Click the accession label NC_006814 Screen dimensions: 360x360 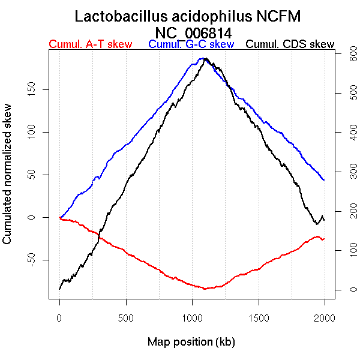(x=193, y=32)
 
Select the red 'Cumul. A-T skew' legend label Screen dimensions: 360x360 (x=90, y=44)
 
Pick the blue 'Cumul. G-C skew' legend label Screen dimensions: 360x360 (x=191, y=44)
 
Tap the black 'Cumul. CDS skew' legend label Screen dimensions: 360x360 (x=290, y=44)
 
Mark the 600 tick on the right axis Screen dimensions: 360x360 (x=346, y=54)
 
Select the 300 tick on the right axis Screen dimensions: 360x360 (x=346, y=172)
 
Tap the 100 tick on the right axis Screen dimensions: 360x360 (x=346, y=250)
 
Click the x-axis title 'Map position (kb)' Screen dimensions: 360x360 (x=191, y=342)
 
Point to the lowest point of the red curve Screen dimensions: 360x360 (x=205, y=289)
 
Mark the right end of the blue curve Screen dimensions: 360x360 (x=324, y=180)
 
